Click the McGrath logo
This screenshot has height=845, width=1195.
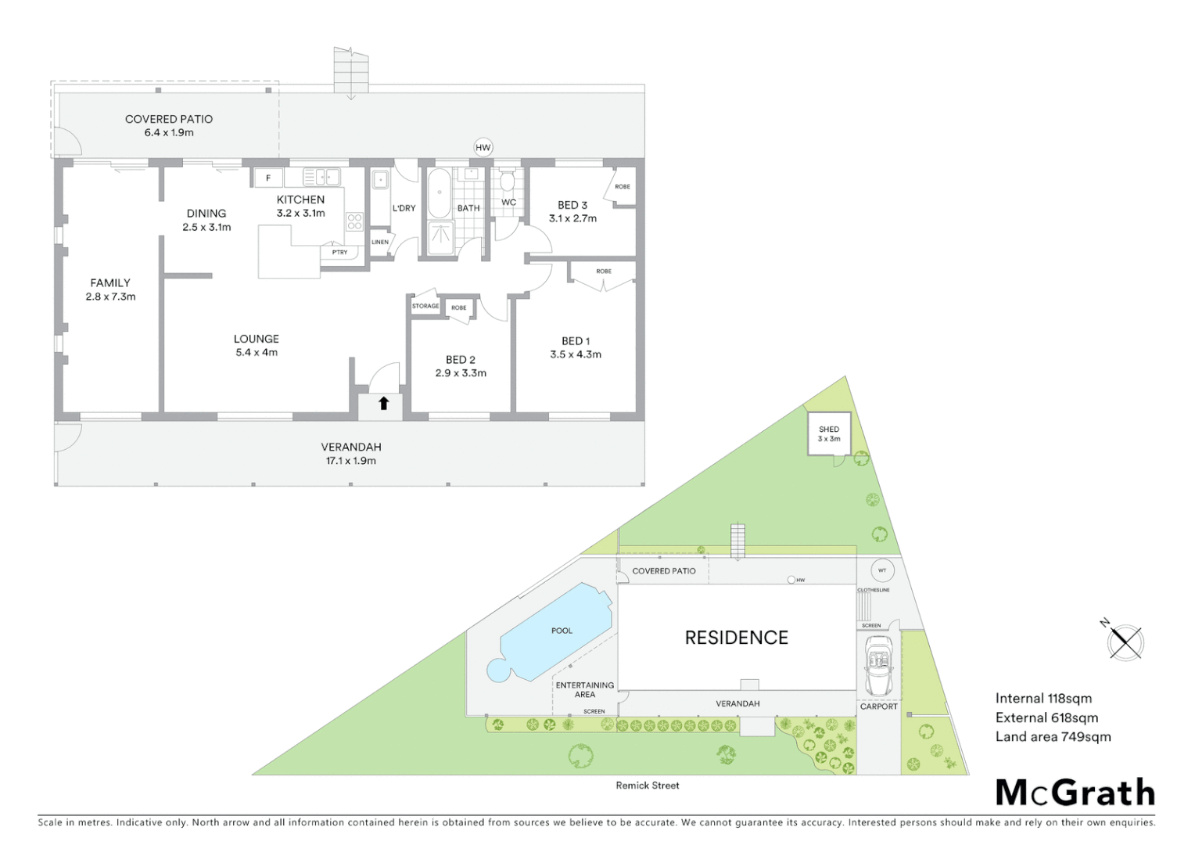(x=1075, y=793)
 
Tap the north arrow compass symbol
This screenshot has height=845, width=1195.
(x=1125, y=642)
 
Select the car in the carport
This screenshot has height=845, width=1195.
(x=878, y=666)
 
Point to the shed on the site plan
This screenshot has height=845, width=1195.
(x=829, y=434)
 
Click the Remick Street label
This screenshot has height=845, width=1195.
(x=647, y=786)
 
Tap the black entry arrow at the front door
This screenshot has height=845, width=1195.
(x=383, y=404)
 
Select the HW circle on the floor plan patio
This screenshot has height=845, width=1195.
(x=483, y=147)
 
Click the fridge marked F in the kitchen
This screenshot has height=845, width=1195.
(x=268, y=178)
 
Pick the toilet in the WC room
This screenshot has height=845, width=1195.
(x=508, y=182)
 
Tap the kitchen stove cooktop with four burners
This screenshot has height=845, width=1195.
(x=354, y=221)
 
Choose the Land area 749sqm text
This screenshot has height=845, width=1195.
(x=1053, y=736)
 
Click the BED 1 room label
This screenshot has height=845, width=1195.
(x=576, y=341)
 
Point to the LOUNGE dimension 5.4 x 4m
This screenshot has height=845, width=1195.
(x=257, y=353)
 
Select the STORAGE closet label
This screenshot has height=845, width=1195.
(x=425, y=306)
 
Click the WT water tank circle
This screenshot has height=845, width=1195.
(x=882, y=570)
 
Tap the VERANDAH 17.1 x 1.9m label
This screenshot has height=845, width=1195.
(x=351, y=454)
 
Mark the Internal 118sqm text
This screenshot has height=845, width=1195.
(x=1043, y=699)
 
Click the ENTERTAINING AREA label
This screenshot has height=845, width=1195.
(x=585, y=689)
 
